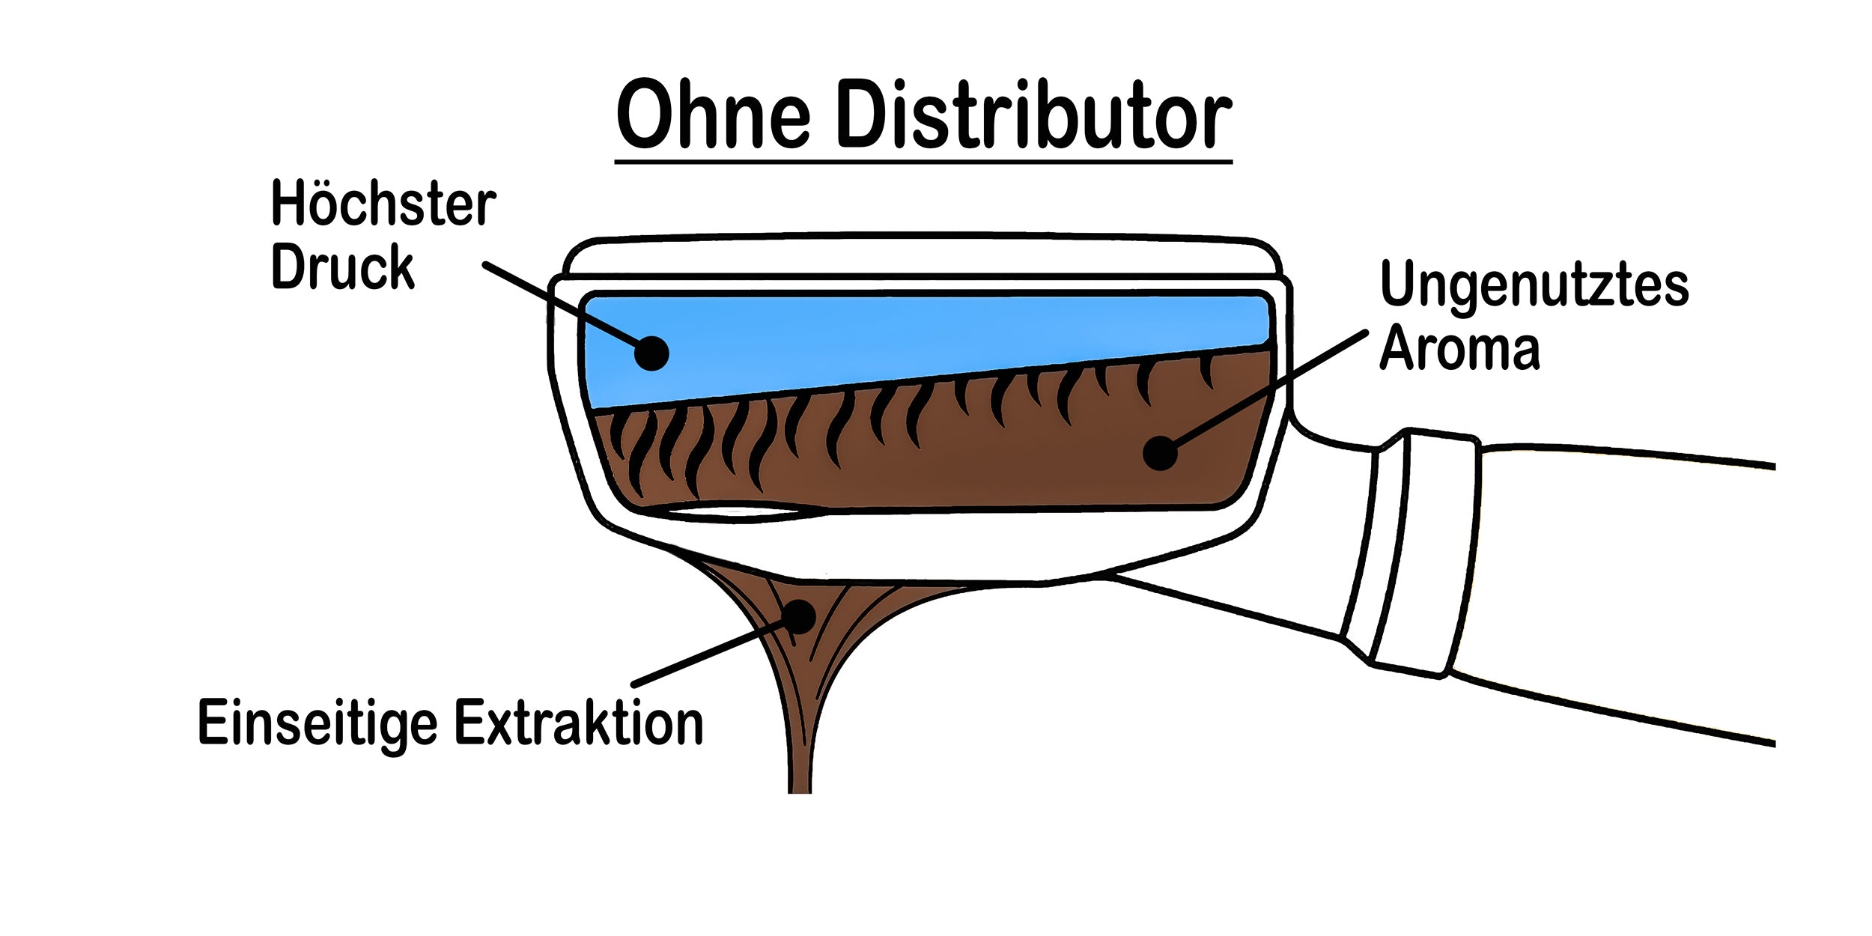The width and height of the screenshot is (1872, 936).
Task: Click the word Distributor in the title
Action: tap(1033, 116)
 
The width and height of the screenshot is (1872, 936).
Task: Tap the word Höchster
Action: tap(383, 204)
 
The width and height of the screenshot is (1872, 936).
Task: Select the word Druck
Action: tap(342, 267)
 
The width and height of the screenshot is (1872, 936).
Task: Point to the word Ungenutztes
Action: tap(1534, 285)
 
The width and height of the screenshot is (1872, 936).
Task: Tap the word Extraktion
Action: tap(579, 723)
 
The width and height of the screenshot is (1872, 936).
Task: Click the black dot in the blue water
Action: tap(651, 353)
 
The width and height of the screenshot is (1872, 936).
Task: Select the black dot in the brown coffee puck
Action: tap(1160, 453)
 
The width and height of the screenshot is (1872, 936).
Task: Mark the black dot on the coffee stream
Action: tap(800, 616)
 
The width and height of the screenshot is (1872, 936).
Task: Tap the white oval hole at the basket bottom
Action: tap(730, 513)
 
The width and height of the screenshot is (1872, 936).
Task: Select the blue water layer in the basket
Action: tap(899, 337)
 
